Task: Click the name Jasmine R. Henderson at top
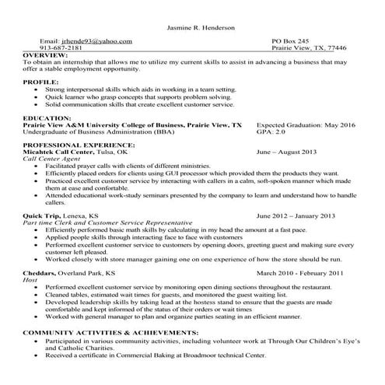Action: pyautogui.click(x=203, y=27)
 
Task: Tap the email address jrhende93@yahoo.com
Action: pyautogui.click(x=96, y=40)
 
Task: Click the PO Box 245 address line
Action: pyautogui.click(x=289, y=40)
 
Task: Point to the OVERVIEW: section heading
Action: pyautogui.click(x=46, y=56)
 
